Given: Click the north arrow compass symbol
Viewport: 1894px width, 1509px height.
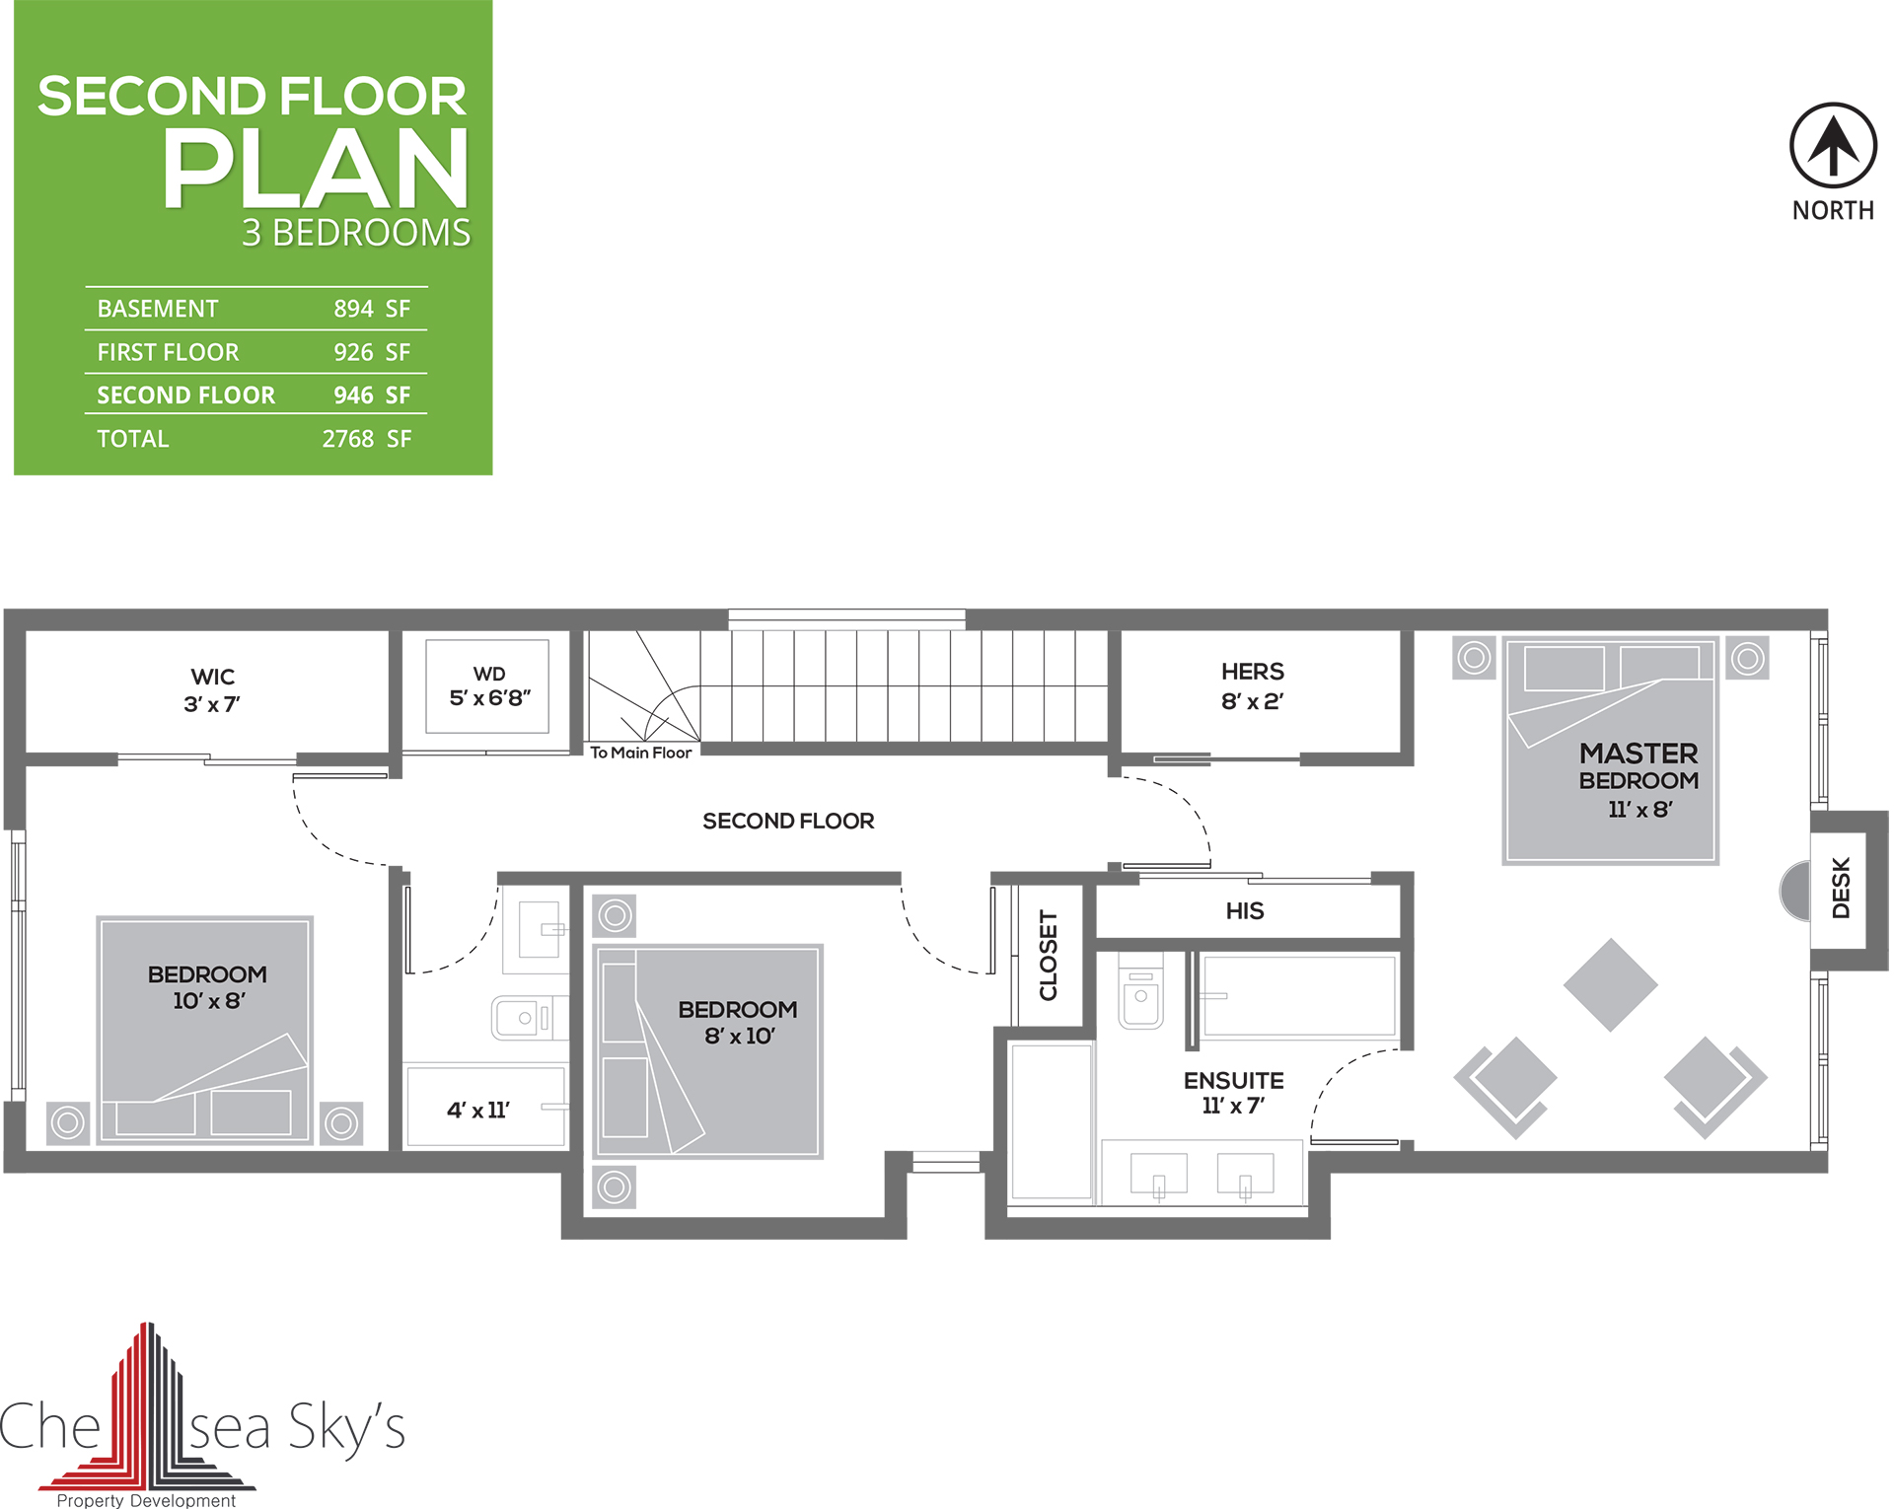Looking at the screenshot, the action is click(x=1833, y=145).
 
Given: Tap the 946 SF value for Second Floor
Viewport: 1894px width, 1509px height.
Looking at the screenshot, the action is click(x=372, y=395).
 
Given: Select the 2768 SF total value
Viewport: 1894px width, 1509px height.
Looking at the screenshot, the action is click(x=367, y=439).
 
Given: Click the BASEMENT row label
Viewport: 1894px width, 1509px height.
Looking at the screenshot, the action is click(x=158, y=309).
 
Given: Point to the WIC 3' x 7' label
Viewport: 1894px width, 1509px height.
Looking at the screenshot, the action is click(x=212, y=690).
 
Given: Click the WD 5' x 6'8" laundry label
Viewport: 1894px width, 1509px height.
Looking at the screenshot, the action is click(x=489, y=686).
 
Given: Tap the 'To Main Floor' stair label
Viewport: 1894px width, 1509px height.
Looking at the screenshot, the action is click(x=641, y=753).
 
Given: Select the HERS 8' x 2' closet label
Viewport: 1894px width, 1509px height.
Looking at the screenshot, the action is click(x=1253, y=686).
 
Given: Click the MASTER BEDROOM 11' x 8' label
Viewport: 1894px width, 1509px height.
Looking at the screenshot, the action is click(x=1639, y=780).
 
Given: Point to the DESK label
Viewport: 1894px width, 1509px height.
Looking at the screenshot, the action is click(x=1841, y=888).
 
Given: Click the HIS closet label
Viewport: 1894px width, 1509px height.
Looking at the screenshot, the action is click(x=1245, y=911).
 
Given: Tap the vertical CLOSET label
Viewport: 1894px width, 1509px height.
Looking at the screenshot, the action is click(x=1049, y=955).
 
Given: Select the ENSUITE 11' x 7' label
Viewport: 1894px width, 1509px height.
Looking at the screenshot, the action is click(x=1234, y=1093).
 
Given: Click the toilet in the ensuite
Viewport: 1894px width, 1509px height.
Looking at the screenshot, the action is click(x=1141, y=990).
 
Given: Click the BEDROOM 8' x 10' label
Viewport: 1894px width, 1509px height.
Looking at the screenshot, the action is click(x=738, y=1023).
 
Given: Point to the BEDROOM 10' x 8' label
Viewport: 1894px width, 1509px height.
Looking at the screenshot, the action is click(x=208, y=987).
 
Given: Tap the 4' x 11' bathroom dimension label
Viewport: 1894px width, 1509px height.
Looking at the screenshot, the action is click(x=478, y=1111).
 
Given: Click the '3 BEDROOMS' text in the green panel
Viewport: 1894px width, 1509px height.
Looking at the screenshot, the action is click(x=356, y=233).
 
